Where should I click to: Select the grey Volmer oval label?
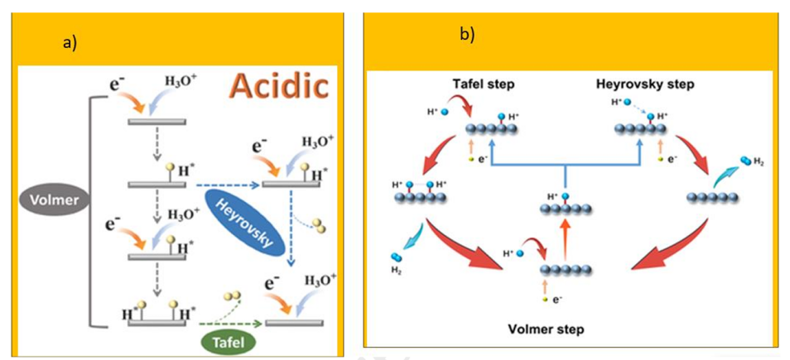click(x=52, y=200)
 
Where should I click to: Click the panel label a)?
click(x=69, y=43)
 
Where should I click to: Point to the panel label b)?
click(x=467, y=34)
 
